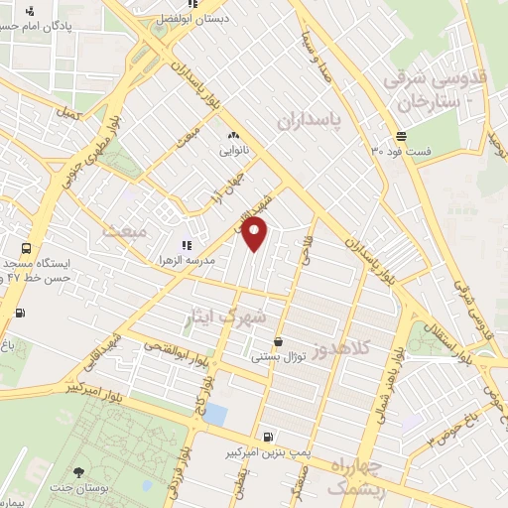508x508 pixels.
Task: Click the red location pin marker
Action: tap(256, 235)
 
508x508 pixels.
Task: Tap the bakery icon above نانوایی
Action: tap(232, 135)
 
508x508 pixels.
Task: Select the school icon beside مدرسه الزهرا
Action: tap(186, 244)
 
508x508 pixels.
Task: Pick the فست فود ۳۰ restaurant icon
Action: tap(401, 136)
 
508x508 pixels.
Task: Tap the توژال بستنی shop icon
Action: tap(277, 340)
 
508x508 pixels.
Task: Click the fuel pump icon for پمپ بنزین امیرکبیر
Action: tap(269, 437)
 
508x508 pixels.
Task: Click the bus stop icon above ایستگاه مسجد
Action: tap(26, 248)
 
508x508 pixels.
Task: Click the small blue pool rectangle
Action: tap(214, 415)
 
